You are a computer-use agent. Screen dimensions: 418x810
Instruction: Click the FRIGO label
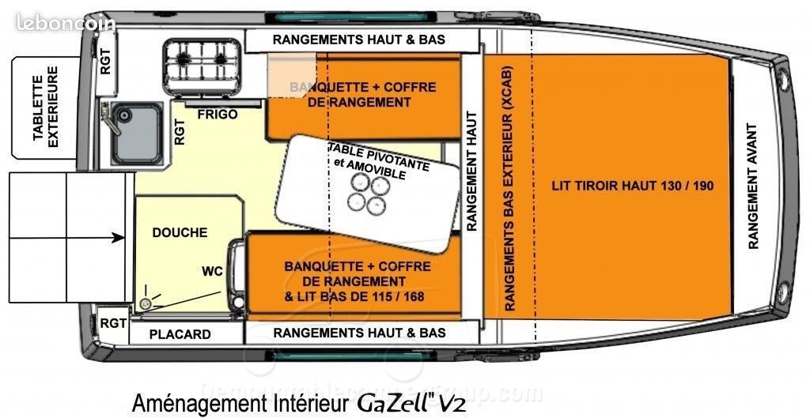coord(218,115)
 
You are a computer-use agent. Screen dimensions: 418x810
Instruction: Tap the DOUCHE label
coord(180,233)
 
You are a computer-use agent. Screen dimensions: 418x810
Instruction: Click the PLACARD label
coord(180,334)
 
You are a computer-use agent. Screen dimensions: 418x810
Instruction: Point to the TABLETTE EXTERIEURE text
coord(45,107)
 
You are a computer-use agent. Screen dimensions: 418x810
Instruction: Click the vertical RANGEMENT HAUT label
coord(471,171)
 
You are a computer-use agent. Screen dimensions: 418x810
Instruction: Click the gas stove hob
coord(202,59)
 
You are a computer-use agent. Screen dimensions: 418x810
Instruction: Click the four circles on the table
coord(368,194)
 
